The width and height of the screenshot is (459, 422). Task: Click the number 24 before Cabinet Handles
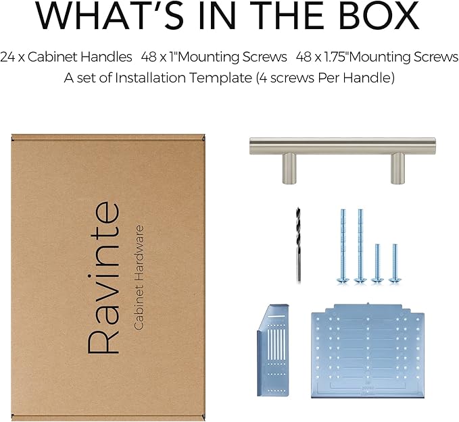[7, 57]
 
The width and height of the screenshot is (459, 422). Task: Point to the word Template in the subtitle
[220, 78]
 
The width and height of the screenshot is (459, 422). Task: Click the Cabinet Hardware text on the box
[139, 278]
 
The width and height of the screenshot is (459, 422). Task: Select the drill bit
[298, 245]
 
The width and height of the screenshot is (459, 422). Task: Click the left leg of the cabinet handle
[289, 169]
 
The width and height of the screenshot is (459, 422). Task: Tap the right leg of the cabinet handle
[397, 169]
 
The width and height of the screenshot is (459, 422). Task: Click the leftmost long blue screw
[343, 246]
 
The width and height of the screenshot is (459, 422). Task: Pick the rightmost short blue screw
[395, 263]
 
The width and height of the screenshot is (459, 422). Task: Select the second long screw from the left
[360, 246]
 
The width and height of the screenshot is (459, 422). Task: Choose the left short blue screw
[377, 263]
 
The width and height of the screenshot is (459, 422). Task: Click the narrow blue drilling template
[273, 350]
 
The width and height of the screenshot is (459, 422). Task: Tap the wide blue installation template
[368, 351]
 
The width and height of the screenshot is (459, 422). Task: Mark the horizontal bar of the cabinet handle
[343, 146]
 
